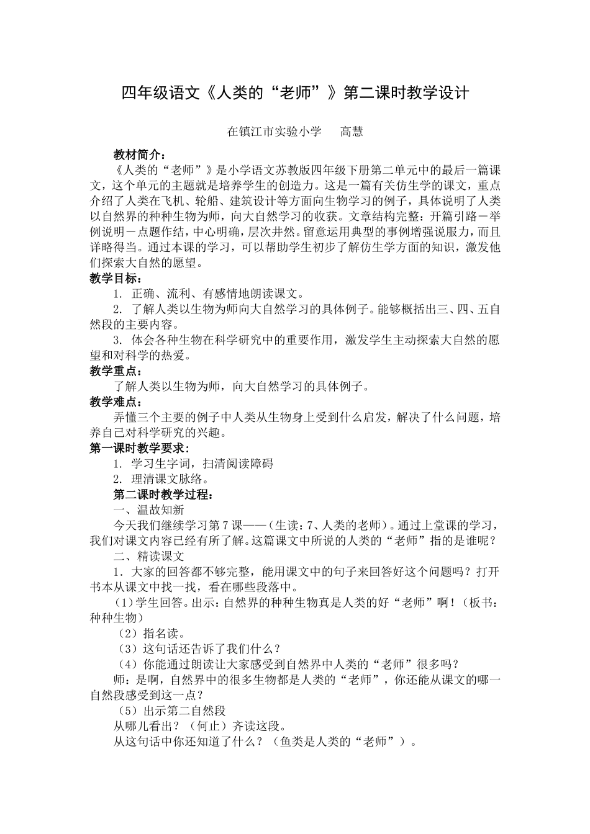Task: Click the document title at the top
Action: tap(295, 93)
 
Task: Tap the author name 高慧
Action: tap(352, 132)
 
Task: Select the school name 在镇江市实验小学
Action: tap(274, 132)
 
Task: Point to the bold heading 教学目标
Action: tap(116, 279)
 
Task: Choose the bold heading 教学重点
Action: tap(116, 371)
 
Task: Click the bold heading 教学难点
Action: tap(116, 402)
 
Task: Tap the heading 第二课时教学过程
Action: tap(163, 495)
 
